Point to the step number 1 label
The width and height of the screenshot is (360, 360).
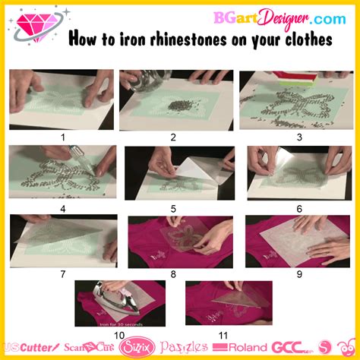64,137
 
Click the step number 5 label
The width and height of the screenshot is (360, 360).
173,208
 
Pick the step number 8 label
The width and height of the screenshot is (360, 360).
173,273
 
